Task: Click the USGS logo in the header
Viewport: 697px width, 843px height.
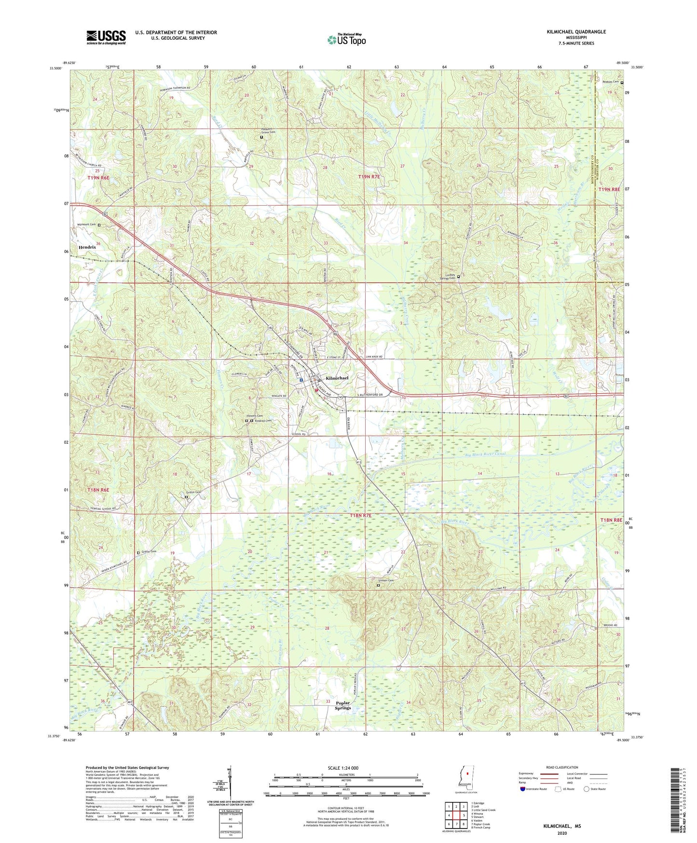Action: click(106, 37)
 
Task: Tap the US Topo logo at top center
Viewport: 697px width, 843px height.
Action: click(346, 40)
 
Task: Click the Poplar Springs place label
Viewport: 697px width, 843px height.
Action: click(343, 705)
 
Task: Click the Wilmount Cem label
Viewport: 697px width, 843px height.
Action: click(86, 225)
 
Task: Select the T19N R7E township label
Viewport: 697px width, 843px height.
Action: click(369, 177)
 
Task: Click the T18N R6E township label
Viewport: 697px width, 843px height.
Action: click(98, 490)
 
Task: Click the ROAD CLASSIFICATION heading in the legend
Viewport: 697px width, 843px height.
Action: click(562, 767)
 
